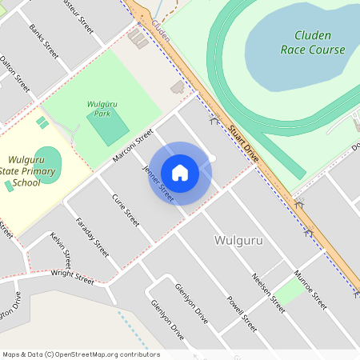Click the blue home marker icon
pos(180,173)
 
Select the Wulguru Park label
pos(98,108)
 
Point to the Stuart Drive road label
pos(242,143)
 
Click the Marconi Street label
pos(133,146)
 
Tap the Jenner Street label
pos(158,182)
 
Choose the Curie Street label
pos(126,210)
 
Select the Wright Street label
pos(72,277)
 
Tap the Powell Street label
pos(241,314)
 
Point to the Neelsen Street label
pos(268,291)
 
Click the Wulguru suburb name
pos(240,240)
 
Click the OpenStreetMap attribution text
pos(80,354)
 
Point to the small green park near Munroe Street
pos(290,292)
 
